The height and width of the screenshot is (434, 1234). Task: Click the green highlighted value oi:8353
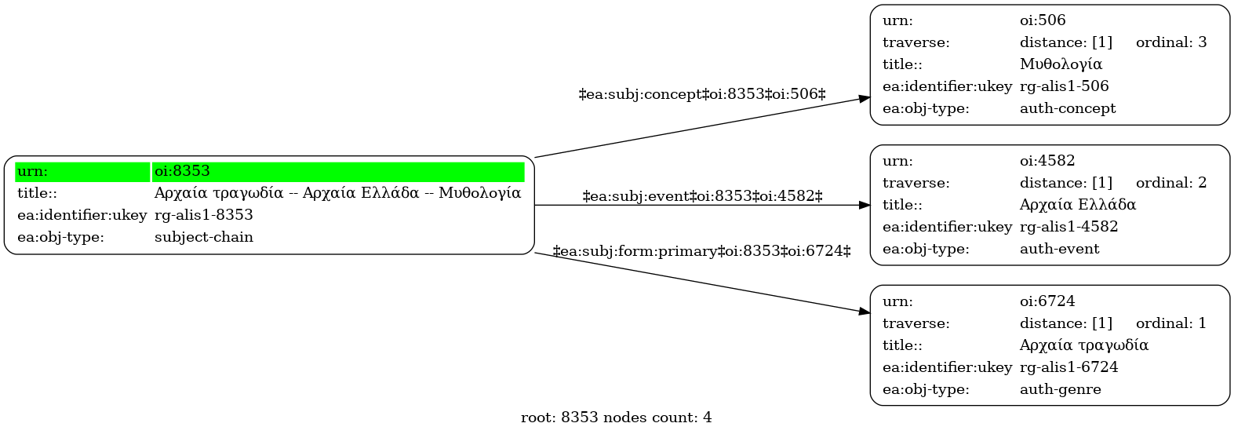[182, 171]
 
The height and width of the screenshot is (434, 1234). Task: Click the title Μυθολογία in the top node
[1061, 64]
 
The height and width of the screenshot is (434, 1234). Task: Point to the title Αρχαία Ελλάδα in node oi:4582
[1078, 205]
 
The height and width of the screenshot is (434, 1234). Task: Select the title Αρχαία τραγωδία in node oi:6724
[1083, 345]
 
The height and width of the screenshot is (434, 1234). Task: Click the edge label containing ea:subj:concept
[702, 94]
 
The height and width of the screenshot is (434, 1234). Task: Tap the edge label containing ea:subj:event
[702, 195]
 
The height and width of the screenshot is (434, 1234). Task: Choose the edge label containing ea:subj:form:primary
[702, 251]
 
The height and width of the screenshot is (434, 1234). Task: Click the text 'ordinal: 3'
[1171, 42]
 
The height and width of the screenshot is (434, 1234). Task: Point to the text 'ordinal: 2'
[1171, 183]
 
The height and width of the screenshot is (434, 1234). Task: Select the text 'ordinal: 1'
[1171, 323]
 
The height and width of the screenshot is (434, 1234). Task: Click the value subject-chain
[204, 237]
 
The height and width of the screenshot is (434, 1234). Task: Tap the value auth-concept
[1068, 108]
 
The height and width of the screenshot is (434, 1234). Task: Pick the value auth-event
[1059, 249]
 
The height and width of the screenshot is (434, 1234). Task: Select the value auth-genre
[1061, 389]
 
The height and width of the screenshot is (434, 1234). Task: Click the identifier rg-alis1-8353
[204, 214]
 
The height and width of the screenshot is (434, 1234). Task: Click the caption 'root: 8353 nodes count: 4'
[617, 418]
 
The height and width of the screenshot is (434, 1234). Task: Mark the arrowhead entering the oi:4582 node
[865, 205]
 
